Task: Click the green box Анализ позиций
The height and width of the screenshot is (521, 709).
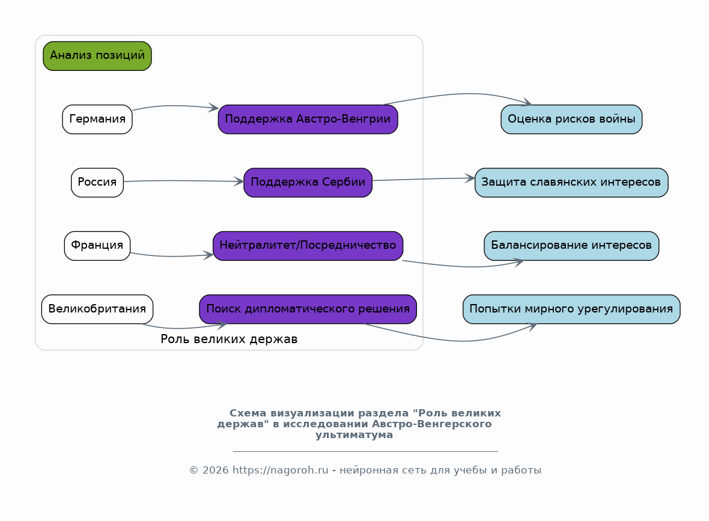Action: pos(97,56)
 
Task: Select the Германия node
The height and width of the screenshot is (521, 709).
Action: pos(97,120)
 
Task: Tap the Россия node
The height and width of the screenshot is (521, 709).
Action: pos(97,183)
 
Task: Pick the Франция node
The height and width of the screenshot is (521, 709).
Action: pos(97,246)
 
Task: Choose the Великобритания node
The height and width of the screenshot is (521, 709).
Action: pos(97,309)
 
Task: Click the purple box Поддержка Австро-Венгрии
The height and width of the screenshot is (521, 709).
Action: pos(308,120)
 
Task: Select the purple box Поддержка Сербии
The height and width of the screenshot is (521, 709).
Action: pos(308,183)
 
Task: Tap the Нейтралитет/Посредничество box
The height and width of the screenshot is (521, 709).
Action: pos(308,246)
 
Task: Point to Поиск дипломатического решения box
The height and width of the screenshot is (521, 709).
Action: pos(308,309)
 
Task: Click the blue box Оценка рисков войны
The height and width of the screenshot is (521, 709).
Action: pos(571,120)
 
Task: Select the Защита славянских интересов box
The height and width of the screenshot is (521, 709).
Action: pos(571,183)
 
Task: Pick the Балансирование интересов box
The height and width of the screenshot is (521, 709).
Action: pos(571,246)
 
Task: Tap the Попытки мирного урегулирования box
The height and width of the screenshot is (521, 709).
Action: pos(571,309)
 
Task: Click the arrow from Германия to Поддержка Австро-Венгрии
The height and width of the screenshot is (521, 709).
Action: pos(175,106)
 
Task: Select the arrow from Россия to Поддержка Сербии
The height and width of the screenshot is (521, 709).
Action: pos(184,181)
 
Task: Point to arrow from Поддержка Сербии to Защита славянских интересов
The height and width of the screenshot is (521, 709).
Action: pos(424,179)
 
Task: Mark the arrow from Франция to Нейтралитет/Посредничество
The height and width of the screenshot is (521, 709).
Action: pos(172,256)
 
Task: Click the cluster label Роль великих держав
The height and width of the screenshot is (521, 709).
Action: pos(230,339)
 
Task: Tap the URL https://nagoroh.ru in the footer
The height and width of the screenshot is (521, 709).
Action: pos(281,471)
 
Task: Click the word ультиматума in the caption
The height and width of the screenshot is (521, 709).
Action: pos(354,435)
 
